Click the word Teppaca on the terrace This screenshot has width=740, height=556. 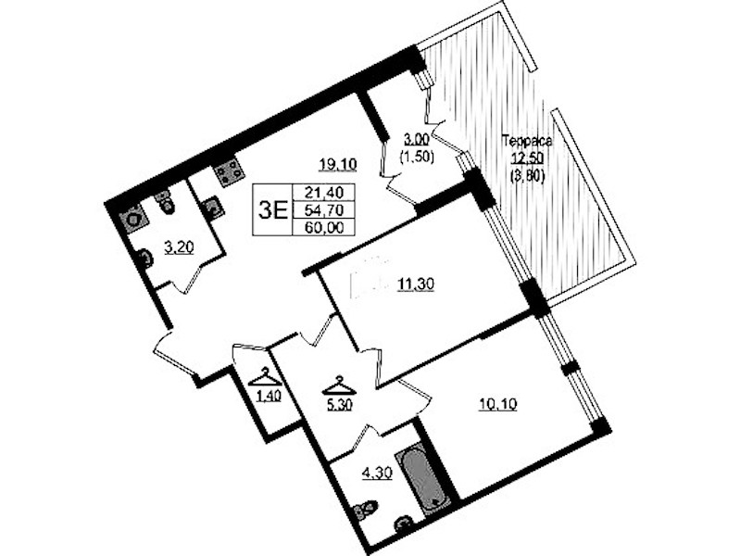pyautogui.click(x=527, y=141)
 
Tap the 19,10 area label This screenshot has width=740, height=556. pyautogui.click(x=338, y=164)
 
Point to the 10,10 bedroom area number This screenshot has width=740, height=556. pyautogui.click(x=497, y=404)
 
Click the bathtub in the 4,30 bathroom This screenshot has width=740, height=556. pyautogui.click(x=420, y=481)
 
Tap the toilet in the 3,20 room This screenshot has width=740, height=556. pyautogui.click(x=165, y=203)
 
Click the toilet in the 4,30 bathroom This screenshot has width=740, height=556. pyautogui.click(x=365, y=510)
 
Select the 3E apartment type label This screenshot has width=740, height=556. pyautogui.click(x=273, y=209)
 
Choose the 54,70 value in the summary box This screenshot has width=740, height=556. pyautogui.click(x=324, y=209)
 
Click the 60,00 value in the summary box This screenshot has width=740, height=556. pyautogui.click(x=324, y=227)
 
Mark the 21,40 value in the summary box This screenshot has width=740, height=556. pyautogui.click(x=324, y=192)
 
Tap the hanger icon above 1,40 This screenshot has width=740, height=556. pyautogui.click(x=266, y=377)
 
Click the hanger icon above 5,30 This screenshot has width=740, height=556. pyautogui.click(x=339, y=385)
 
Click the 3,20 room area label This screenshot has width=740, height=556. pyautogui.click(x=180, y=247)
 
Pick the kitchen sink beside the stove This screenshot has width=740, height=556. pyautogui.click(x=212, y=207)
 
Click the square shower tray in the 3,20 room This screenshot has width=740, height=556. pyautogui.click(x=133, y=219)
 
